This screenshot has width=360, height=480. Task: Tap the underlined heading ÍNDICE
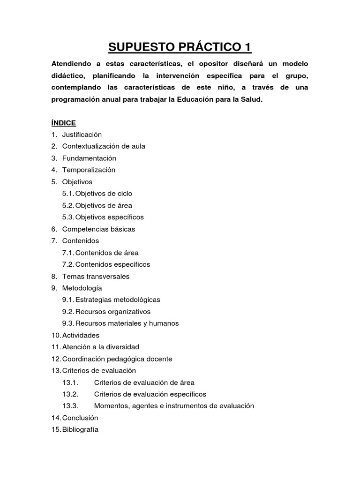point(63,122)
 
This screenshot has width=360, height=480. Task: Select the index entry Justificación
point(82,134)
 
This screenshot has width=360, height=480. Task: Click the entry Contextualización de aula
point(104,146)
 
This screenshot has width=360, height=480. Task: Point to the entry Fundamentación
point(89,158)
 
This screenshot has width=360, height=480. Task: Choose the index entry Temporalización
point(89,170)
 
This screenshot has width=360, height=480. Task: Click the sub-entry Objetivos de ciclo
point(104,193)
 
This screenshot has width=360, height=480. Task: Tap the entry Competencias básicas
point(98,229)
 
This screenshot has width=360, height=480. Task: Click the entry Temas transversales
point(96,277)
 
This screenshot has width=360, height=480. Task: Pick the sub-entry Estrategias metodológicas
point(118,300)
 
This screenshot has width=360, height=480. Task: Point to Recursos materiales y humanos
point(127,323)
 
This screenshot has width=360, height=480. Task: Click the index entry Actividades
point(81,335)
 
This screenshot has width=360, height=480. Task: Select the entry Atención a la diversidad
point(101,347)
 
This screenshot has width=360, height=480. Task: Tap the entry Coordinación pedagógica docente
point(117,359)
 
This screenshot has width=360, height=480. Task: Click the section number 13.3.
point(70,406)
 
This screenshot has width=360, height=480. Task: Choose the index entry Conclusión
point(80,418)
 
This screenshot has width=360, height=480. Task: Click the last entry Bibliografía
point(80,430)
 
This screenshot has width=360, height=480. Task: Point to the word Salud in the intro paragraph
point(252,100)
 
